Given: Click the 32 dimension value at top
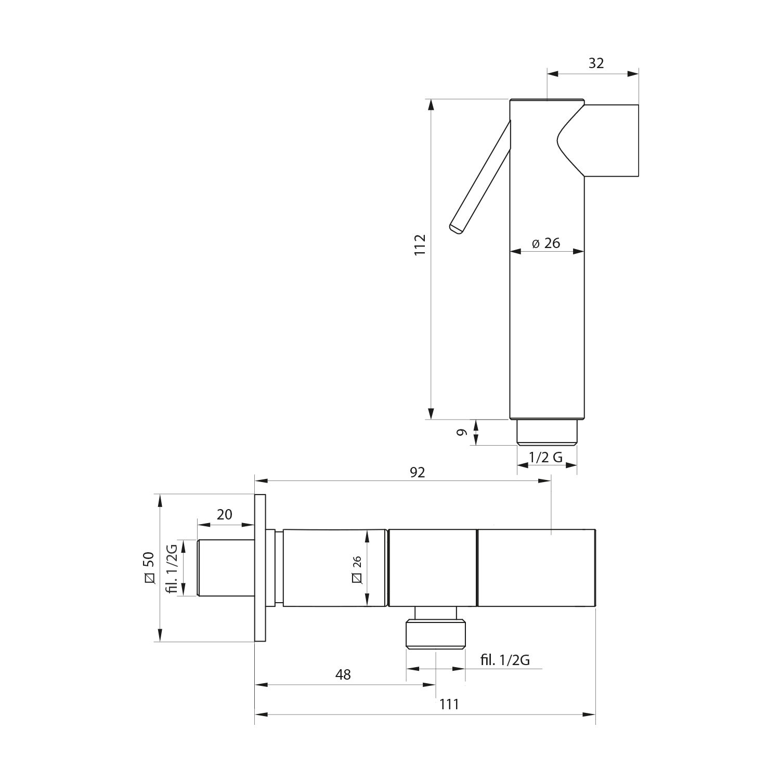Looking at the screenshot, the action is click(596, 63).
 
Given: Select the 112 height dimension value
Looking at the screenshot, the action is click(420, 244).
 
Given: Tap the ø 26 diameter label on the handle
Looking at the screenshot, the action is click(547, 243).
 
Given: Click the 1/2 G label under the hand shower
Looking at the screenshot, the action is click(545, 457).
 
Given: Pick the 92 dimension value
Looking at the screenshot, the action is click(418, 472).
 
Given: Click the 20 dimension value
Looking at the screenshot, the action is click(224, 514).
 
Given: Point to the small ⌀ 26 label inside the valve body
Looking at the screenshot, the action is click(357, 568).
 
